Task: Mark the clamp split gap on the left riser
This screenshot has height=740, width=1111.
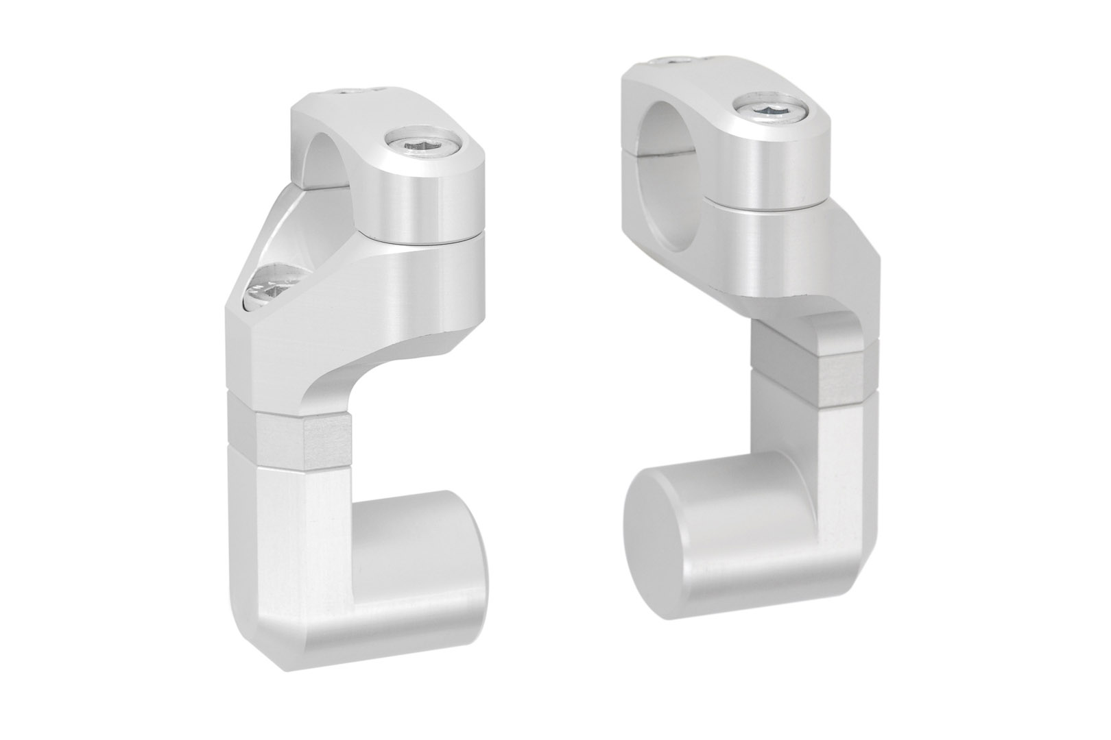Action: (x=422, y=238)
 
